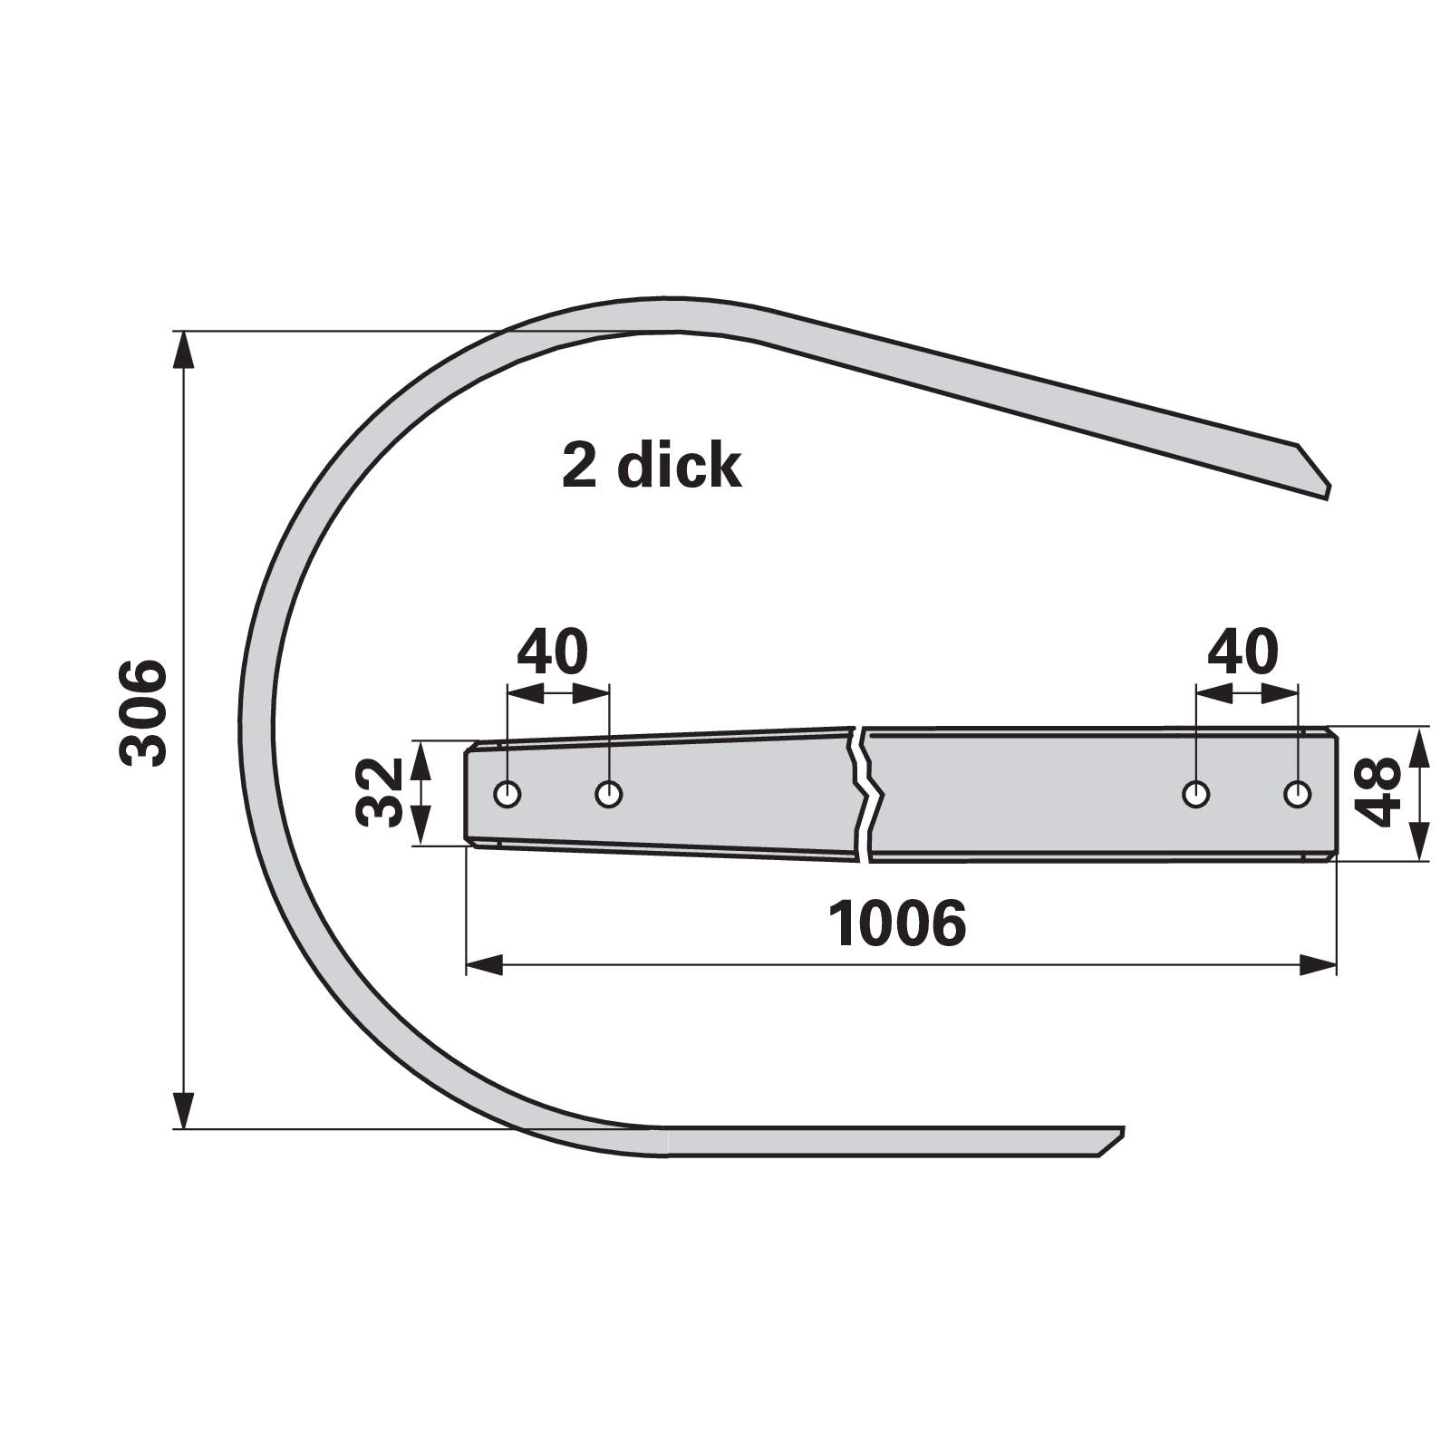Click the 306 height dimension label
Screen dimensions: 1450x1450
click(x=144, y=714)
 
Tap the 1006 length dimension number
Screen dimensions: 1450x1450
click(x=897, y=923)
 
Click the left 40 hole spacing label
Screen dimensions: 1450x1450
click(x=553, y=651)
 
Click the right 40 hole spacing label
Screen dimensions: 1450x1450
click(x=1243, y=651)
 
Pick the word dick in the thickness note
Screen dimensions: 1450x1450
click(x=679, y=466)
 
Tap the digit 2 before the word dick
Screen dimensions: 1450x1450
click(x=578, y=467)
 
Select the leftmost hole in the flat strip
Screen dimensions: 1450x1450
click(x=507, y=795)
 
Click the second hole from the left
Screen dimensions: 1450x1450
click(x=609, y=795)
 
